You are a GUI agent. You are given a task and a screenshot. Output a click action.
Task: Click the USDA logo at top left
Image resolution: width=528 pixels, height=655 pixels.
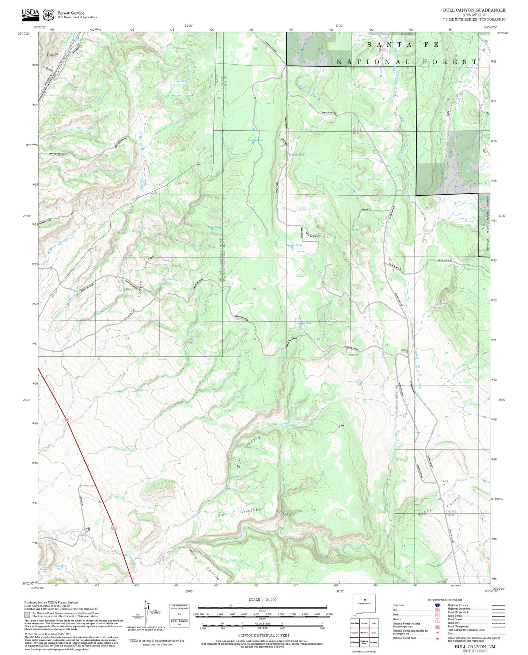pos(30,14)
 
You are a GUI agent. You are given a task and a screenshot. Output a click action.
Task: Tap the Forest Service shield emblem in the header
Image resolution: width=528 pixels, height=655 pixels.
pos(48,15)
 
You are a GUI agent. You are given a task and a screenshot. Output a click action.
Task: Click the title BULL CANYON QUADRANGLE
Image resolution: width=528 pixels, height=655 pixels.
pos(474,10)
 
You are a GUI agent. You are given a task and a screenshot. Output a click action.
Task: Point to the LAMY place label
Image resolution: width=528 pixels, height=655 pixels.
pos(52,55)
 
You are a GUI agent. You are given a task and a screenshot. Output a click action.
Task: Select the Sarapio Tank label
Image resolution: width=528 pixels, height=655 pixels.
pos(255,140)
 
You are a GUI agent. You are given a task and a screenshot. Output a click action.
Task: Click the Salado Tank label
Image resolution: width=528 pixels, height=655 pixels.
pos(297,155)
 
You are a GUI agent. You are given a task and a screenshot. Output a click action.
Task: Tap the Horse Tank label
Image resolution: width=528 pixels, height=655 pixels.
pos(214,227)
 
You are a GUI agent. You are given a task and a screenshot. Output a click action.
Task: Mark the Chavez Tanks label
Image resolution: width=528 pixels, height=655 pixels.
pos(294,245)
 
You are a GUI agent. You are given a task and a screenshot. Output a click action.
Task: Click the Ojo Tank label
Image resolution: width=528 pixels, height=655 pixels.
pos(168,279)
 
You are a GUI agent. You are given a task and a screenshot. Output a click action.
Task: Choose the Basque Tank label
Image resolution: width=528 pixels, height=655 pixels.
pos(304,323)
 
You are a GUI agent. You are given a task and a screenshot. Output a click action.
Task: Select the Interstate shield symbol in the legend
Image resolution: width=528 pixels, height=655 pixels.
pos(437,605)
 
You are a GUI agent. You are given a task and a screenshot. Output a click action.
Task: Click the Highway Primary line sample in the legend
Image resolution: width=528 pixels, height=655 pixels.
pos(498,605)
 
